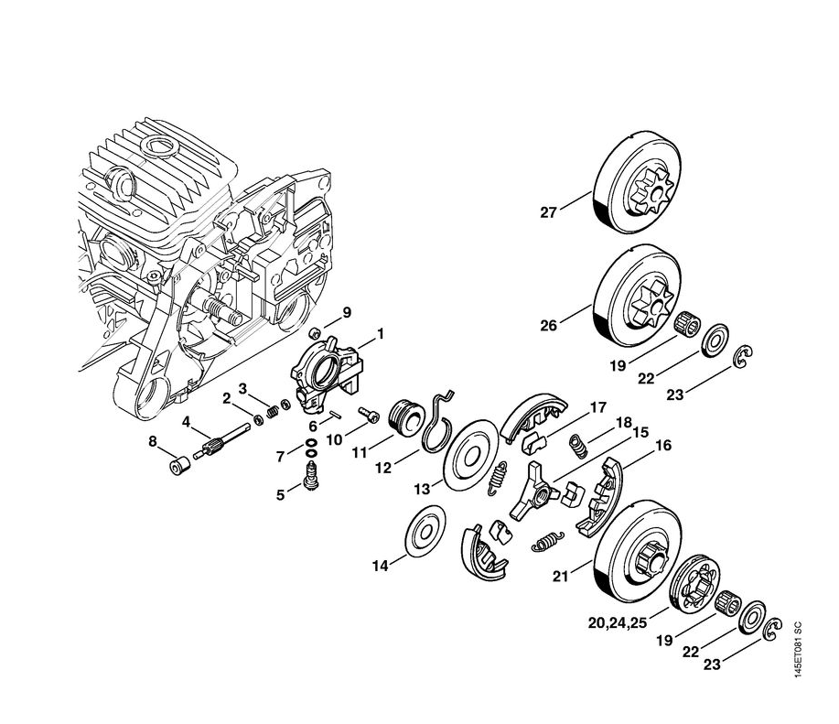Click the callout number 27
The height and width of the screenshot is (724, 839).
click(x=548, y=212)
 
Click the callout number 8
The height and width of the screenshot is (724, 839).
click(x=153, y=441)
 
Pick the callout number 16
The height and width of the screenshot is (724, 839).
click(x=663, y=446)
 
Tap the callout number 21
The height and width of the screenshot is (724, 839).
click(x=561, y=576)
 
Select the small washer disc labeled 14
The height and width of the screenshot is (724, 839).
click(x=425, y=535)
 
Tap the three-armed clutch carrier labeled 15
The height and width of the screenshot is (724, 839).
click(x=533, y=490)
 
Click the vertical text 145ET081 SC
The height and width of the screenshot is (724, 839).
click(x=798, y=651)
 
